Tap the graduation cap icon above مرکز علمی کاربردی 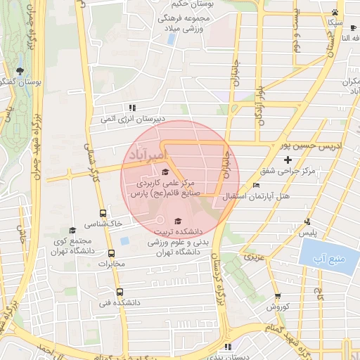166,172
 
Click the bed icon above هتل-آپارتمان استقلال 255,185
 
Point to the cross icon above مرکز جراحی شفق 288,160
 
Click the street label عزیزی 255,258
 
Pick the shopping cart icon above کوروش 278,296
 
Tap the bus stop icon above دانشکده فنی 119,291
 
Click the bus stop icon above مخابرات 111,253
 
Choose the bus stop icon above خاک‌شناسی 103,213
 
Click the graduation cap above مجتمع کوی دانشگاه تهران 72,230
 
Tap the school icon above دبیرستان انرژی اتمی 131,108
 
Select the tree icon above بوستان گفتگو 19,70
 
